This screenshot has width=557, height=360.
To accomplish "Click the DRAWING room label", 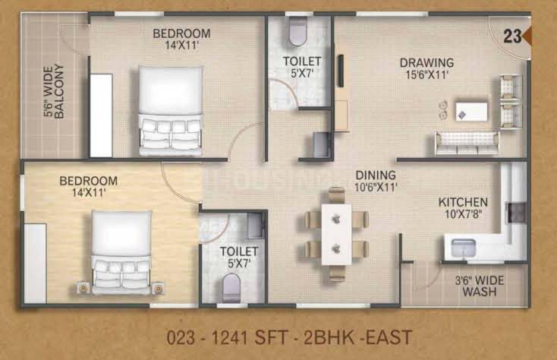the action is pos(426,62).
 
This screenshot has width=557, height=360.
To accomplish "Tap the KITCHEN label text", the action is pos(463,202).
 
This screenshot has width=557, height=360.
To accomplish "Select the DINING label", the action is pos(376,175).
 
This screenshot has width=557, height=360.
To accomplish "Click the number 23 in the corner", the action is pos(512,36).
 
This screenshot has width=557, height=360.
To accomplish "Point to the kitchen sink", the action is pos(463,248).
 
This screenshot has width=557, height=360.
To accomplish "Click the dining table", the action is pos(336,234).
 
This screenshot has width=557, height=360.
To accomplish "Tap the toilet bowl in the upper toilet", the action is pos(297,31).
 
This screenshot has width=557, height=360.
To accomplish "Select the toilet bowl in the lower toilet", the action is pos(231,288).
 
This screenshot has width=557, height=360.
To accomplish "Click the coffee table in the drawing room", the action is pos(471,111).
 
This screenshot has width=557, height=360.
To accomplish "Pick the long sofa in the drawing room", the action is pos(467,144).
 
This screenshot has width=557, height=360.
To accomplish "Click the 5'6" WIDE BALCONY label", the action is pos(54,91).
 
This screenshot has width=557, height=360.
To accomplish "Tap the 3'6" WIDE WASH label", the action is pos(480,286).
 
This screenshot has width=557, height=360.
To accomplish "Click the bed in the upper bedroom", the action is pos(171,111).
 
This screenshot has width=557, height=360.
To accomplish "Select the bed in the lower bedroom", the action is pos(121,253).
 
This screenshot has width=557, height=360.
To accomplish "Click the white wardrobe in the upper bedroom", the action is pos(101,115).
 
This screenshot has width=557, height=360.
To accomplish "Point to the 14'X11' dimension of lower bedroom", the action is pos(89,193).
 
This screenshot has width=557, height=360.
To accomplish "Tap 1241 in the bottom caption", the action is pos(230,338).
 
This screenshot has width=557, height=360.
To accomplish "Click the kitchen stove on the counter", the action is pos(516,213).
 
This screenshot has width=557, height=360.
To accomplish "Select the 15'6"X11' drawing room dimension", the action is pos(427,74).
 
